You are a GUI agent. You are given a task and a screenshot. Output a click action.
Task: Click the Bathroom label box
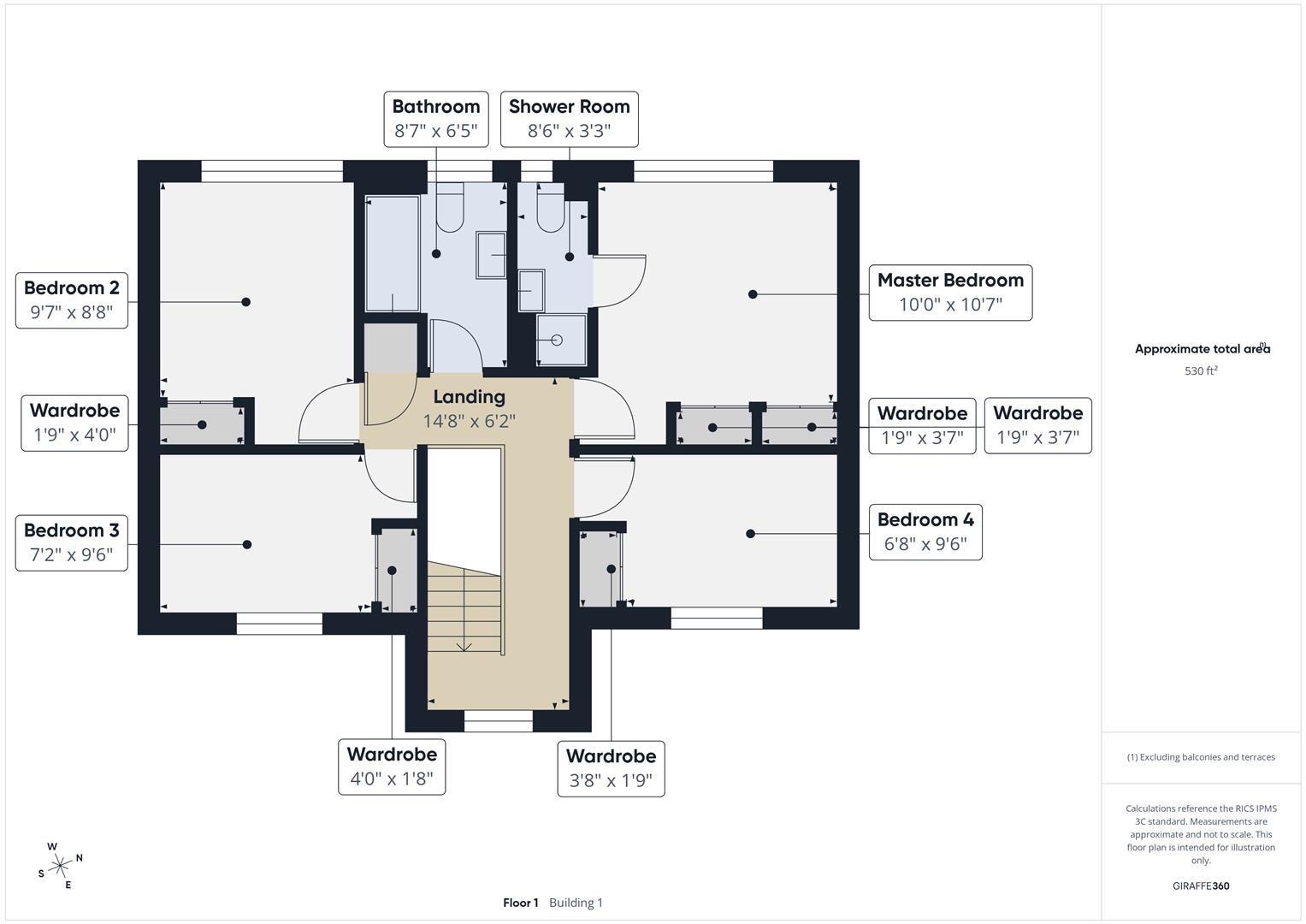[x=436, y=119]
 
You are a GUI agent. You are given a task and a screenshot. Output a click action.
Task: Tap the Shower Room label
[x=569, y=119]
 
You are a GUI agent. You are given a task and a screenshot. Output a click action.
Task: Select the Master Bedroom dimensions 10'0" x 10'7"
[x=950, y=305]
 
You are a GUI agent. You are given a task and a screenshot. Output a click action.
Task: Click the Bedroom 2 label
[x=72, y=299]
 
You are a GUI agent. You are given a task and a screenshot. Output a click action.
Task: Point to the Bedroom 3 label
[x=72, y=542]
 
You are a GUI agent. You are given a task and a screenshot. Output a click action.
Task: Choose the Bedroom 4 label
[x=925, y=532]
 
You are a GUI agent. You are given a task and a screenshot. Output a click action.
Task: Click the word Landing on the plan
[x=469, y=397]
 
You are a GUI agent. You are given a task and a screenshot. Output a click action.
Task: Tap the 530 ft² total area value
[x=1201, y=371]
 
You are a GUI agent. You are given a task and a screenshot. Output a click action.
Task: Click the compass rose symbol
[x=60, y=866]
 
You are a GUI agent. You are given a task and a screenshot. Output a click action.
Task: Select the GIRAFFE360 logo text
[x=1201, y=885]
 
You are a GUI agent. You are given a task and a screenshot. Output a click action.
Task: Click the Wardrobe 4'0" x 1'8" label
[x=392, y=767]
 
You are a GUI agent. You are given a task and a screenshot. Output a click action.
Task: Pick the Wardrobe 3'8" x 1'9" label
[x=611, y=768]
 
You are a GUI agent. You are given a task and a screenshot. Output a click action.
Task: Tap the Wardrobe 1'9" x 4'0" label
[x=75, y=423]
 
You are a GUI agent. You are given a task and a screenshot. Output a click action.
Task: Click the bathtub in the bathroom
[x=393, y=253]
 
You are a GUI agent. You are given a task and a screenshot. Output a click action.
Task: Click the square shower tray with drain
[x=562, y=340]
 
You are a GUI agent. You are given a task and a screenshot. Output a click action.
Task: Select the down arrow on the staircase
[x=464, y=645]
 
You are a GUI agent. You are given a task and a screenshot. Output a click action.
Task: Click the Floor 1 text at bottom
[x=520, y=903]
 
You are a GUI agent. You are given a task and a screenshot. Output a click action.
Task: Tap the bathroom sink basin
[x=491, y=254]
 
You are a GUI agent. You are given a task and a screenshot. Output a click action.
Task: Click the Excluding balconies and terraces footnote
[x=1201, y=757]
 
